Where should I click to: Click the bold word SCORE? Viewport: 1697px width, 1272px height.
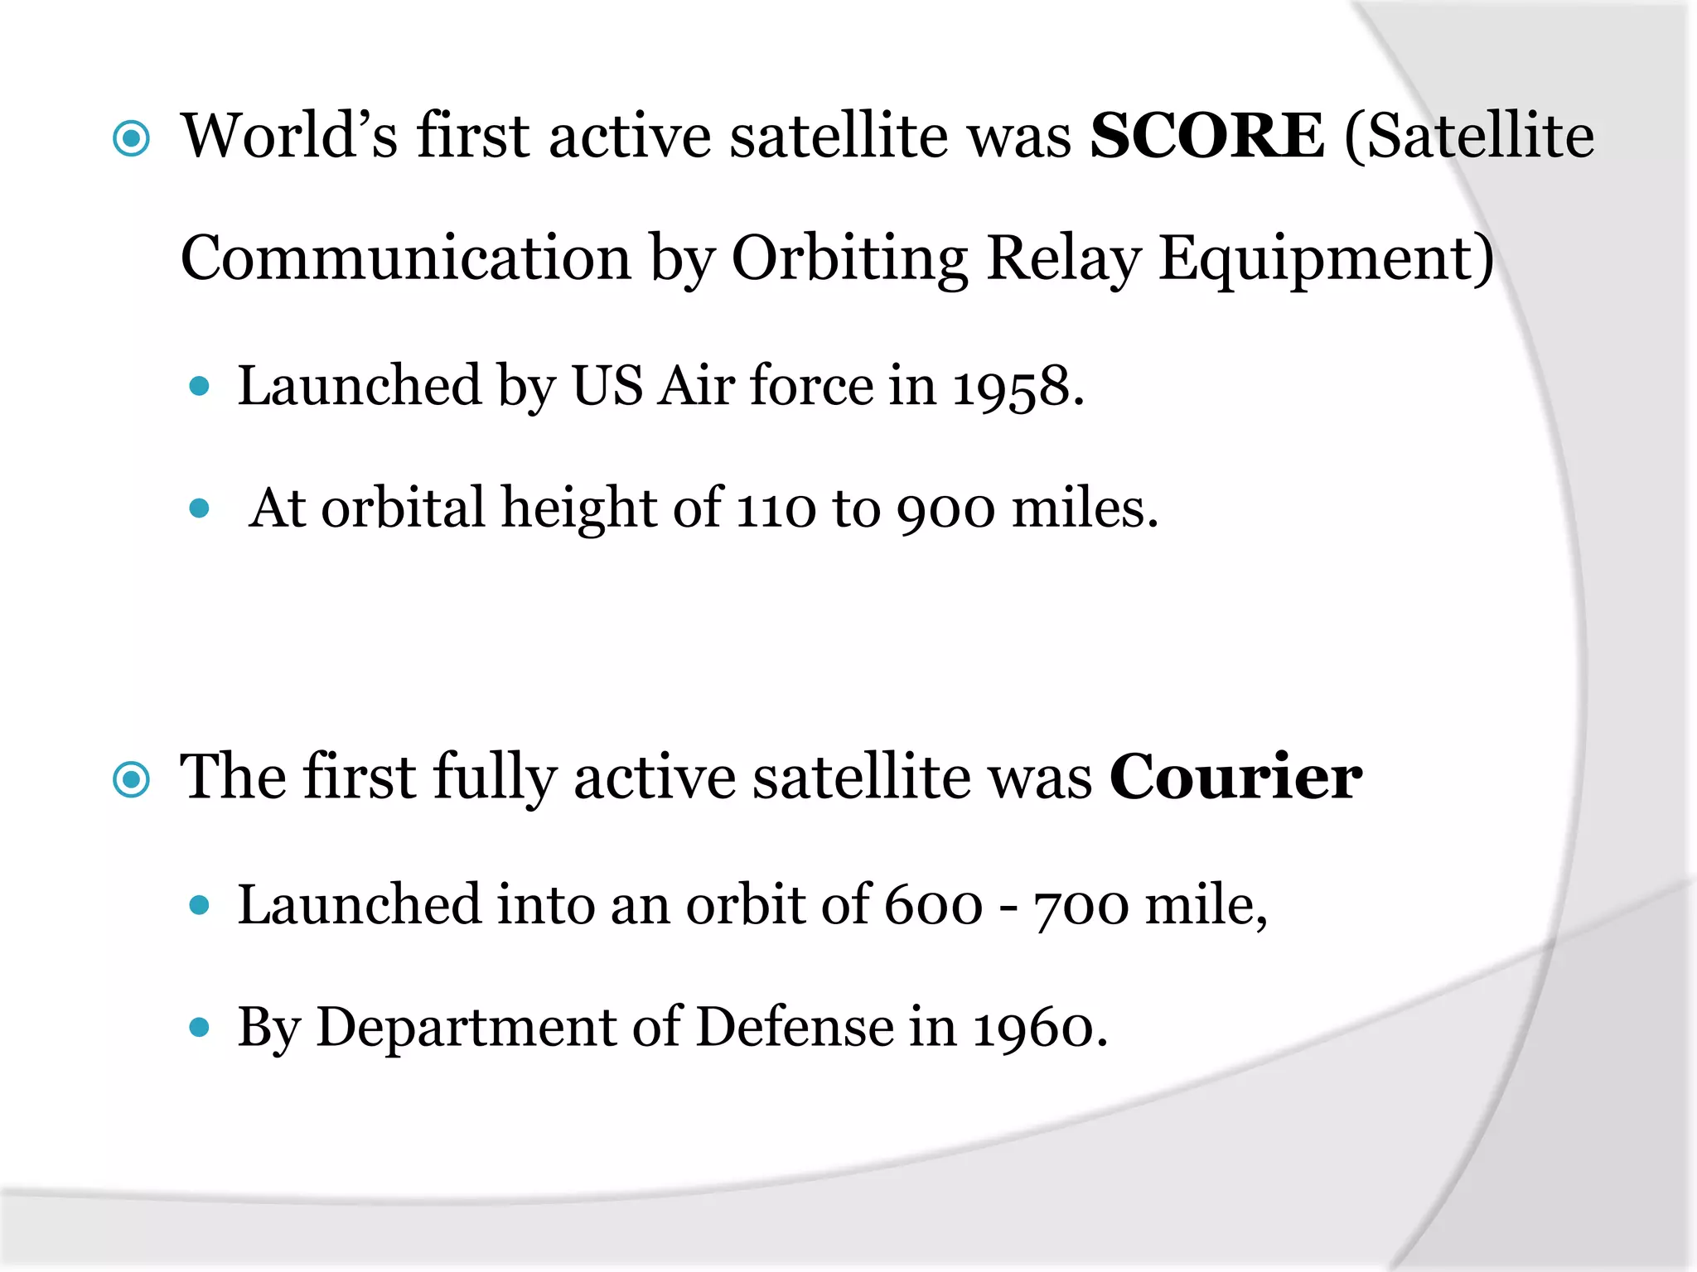tap(1206, 137)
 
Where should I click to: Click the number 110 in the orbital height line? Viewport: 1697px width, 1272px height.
tap(776, 509)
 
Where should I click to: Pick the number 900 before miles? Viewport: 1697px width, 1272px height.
tap(945, 509)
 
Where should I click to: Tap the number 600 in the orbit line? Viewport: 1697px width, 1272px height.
tap(933, 905)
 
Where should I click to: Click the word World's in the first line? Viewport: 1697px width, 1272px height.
tap(289, 137)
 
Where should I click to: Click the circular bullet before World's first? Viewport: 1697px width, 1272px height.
tap(131, 139)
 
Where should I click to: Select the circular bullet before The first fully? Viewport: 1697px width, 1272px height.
tap(131, 779)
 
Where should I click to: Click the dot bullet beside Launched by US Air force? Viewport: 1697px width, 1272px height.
tap(199, 386)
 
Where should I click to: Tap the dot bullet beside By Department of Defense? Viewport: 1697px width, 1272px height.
tap(199, 1028)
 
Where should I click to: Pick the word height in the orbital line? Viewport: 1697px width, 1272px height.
tap(578, 509)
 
